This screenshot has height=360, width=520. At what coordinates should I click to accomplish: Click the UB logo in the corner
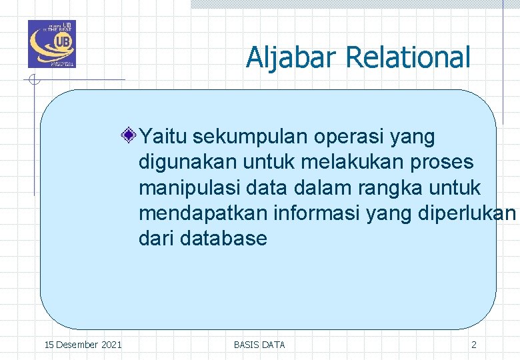(52, 44)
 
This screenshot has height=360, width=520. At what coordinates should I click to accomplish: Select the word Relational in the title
(408, 57)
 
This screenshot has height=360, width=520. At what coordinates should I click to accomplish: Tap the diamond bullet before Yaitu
(129, 137)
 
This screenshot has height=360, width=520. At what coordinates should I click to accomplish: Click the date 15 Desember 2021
(83, 345)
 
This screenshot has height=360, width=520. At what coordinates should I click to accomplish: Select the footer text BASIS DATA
(259, 345)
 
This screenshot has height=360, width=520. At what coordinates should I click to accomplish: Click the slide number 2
(474, 345)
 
